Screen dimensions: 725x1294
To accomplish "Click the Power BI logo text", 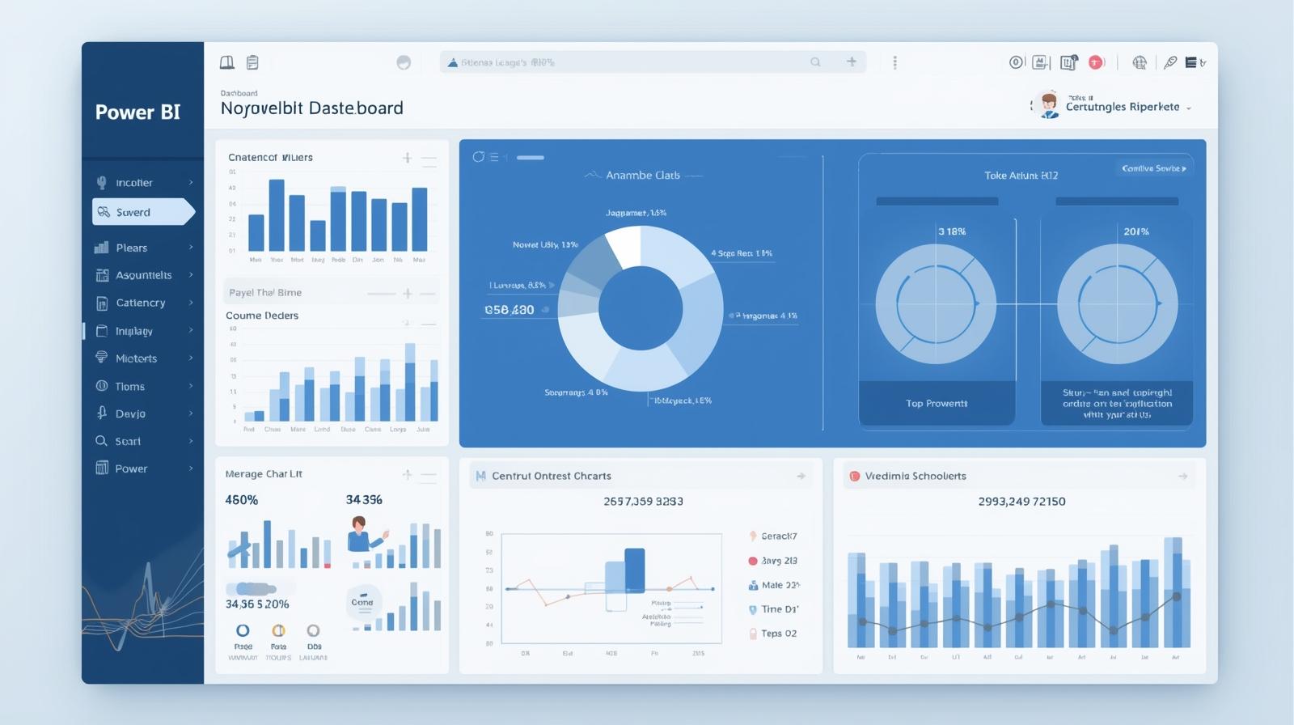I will point(137,112).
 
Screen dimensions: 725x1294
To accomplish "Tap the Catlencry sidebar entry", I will point(140,303).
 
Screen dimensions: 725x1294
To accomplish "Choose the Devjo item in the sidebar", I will point(130,413).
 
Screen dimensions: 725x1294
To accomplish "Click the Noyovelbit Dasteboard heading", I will point(311,108).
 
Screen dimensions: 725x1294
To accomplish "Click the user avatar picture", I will point(1049,105).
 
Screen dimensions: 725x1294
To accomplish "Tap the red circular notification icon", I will point(1096,62).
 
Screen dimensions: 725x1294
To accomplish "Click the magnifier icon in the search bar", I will point(815,62).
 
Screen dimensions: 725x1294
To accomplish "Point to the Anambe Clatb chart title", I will point(642,175).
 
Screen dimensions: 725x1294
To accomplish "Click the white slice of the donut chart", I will point(624,245).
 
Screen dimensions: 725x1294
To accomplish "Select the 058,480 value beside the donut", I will point(509,310).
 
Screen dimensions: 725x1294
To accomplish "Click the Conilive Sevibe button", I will point(1153,168).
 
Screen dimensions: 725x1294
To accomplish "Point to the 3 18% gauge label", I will point(952,231).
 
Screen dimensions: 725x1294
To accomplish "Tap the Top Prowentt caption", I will point(937,403).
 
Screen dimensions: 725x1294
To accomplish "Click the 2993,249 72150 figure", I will point(1021,502).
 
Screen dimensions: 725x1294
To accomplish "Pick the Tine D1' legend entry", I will point(779,609).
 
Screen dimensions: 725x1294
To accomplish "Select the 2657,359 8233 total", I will point(643,502).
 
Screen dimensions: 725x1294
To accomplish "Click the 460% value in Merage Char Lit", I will point(241,500).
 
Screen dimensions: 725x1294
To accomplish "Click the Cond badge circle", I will point(362,602).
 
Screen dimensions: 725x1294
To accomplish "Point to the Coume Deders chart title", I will point(262,316).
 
